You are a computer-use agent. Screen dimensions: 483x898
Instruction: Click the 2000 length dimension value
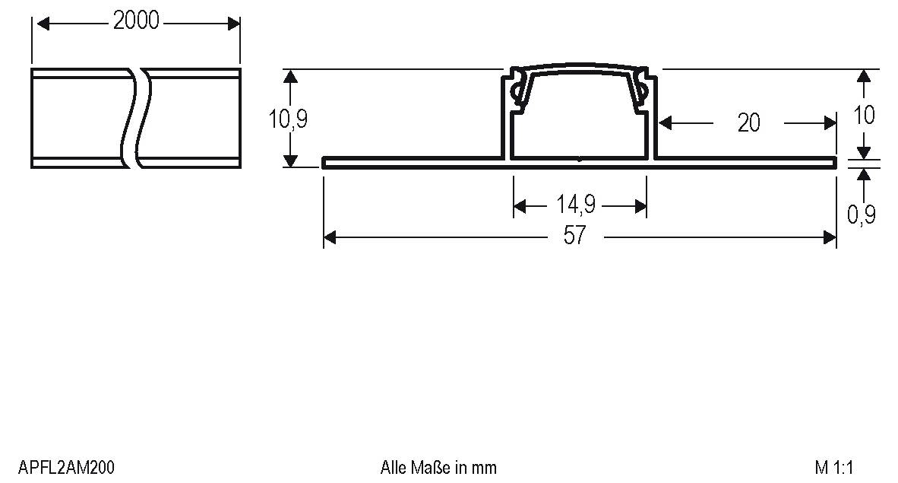point(136,21)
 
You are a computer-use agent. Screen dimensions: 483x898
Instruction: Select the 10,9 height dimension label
point(289,119)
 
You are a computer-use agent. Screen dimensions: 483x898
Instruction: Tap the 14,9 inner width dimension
point(575,205)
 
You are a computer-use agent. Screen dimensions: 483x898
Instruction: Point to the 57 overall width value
point(575,237)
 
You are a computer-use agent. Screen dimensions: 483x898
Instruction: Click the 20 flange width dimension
point(748,122)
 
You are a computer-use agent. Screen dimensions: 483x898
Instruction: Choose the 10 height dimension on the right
point(864,115)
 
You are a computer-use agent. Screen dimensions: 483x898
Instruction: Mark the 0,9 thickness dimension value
point(862,215)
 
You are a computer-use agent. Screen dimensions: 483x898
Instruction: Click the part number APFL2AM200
point(66,467)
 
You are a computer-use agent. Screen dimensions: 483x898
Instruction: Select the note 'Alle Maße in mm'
point(438,467)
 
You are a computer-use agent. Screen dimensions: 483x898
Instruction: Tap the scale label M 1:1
point(835,467)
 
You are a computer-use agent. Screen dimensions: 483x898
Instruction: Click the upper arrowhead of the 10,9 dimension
point(289,75)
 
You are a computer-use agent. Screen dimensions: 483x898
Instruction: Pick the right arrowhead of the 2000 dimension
point(234,24)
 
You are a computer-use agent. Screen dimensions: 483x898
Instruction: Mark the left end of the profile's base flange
point(325,162)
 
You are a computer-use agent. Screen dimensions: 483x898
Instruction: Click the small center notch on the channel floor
point(580,159)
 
